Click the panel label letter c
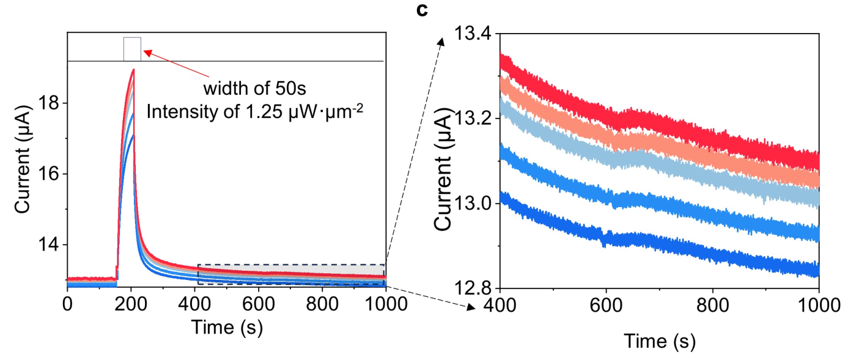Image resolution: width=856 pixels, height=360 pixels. click(422, 10)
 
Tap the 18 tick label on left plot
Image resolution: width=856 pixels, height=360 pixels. click(50, 103)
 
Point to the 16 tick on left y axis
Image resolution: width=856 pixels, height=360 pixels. click(50, 174)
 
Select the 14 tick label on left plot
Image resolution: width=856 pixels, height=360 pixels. click(50, 244)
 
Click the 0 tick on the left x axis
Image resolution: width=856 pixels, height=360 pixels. click(67, 304)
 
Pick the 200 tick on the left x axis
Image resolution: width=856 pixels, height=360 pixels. click(131, 304)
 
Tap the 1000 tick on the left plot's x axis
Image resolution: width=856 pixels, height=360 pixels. click(386, 304)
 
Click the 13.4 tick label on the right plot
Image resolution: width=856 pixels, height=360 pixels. click(472, 34)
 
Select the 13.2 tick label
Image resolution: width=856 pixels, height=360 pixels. click(472, 119)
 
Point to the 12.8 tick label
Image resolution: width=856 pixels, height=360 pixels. click(472, 288)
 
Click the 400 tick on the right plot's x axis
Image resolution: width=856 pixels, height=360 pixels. click(500, 306)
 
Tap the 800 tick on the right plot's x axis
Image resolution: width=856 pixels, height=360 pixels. click(713, 306)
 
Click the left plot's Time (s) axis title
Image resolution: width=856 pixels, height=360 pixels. click(227, 328)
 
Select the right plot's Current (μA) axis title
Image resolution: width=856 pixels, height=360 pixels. click(443, 170)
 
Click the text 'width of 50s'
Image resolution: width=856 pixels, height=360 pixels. click(254, 88)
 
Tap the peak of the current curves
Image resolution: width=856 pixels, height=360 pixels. click(133, 70)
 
